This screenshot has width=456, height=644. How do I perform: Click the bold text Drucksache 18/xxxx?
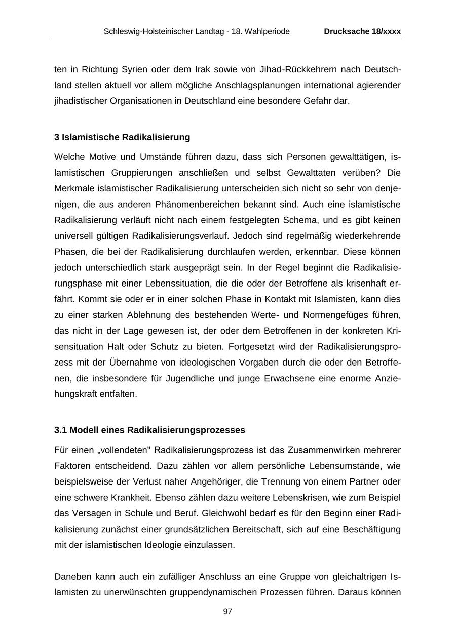362,31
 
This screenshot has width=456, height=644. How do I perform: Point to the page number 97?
227,612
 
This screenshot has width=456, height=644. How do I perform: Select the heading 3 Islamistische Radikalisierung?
122,137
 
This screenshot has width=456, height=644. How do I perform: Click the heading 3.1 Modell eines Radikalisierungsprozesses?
149,430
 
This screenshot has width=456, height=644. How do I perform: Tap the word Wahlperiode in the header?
268,31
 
